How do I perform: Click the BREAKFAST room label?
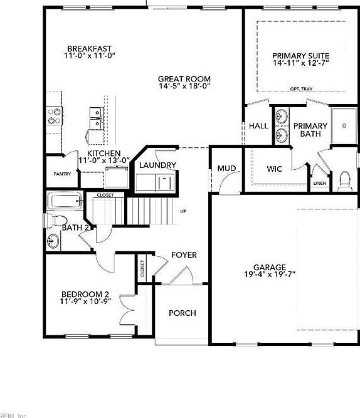point(90,48)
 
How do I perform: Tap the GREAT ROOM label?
point(184,79)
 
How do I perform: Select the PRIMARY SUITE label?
point(300,55)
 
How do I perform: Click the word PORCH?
point(183,313)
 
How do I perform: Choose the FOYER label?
point(184,255)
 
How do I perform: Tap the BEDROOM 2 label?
point(85,294)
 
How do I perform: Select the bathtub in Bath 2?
point(65,202)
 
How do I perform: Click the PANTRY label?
point(61,174)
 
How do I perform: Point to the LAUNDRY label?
point(157,165)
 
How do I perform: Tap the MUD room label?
point(226,169)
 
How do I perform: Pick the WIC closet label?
point(275,169)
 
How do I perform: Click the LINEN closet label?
point(320,184)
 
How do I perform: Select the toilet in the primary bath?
point(343,180)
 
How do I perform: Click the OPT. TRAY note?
point(301,88)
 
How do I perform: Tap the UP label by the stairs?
point(183,211)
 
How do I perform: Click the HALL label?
point(258,126)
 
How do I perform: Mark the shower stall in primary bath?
point(344,126)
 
